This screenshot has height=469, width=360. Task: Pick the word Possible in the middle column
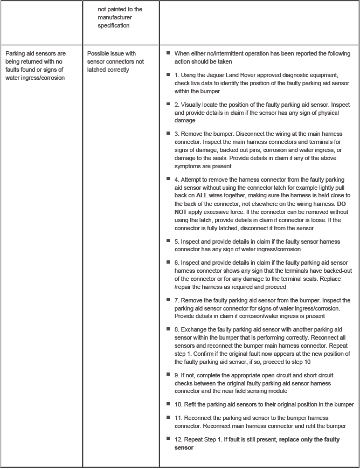coord(98,54)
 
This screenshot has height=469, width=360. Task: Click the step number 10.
coord(177,404)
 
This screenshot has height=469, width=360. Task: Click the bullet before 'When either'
coord(169,53)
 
